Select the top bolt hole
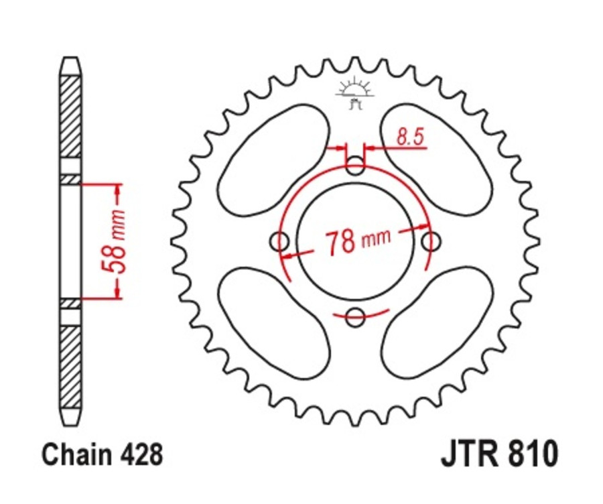point(356,165)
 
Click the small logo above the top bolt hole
point(356,93)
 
